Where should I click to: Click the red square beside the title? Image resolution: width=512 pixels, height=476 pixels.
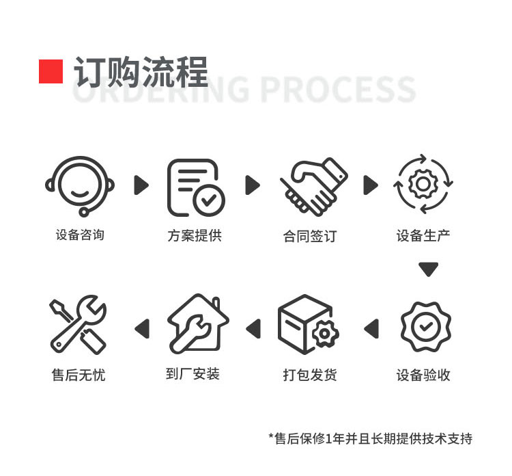point(51,71)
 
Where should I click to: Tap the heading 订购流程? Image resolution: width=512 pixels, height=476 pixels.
point(141,72)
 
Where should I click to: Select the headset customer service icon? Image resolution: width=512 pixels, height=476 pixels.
point(80,186)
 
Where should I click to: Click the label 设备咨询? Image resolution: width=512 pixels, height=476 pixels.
point(80,235)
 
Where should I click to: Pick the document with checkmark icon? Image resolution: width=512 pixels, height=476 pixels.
point(196,187)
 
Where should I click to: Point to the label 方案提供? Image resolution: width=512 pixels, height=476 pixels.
point(195,235)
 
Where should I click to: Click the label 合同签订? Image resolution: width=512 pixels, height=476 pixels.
point(310,236)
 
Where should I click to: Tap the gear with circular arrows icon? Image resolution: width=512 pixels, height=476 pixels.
point(423,184)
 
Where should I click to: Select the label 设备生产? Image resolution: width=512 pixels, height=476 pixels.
point(423,235)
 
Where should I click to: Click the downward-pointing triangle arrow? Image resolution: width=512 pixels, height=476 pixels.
point(429,269)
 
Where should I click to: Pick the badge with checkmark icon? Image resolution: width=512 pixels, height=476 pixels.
point(426,327)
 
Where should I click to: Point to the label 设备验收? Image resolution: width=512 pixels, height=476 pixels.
point(423,375)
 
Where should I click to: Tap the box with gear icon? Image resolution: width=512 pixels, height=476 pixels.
point(309,324)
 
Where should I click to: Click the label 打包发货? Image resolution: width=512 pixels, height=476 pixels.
point(310,375)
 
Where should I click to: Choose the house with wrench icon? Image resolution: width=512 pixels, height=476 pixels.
point(198,323)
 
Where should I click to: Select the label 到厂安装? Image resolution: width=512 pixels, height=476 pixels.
point(193,374)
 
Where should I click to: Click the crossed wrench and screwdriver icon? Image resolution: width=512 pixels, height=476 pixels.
point(78,325)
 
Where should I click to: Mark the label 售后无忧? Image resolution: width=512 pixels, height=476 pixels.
point(79,375)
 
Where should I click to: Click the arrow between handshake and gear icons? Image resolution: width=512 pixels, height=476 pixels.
point(371,185)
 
